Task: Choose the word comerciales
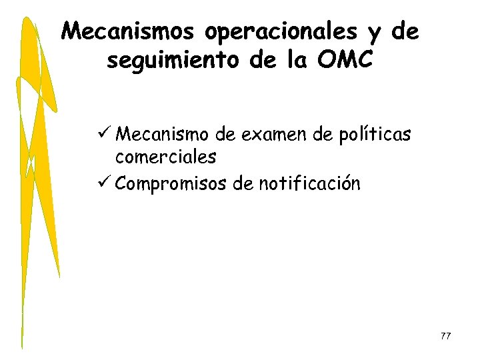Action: [x=165, y=157]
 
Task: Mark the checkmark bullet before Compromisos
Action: [x=103, y=182]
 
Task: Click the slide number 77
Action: [x=445, y=337]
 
